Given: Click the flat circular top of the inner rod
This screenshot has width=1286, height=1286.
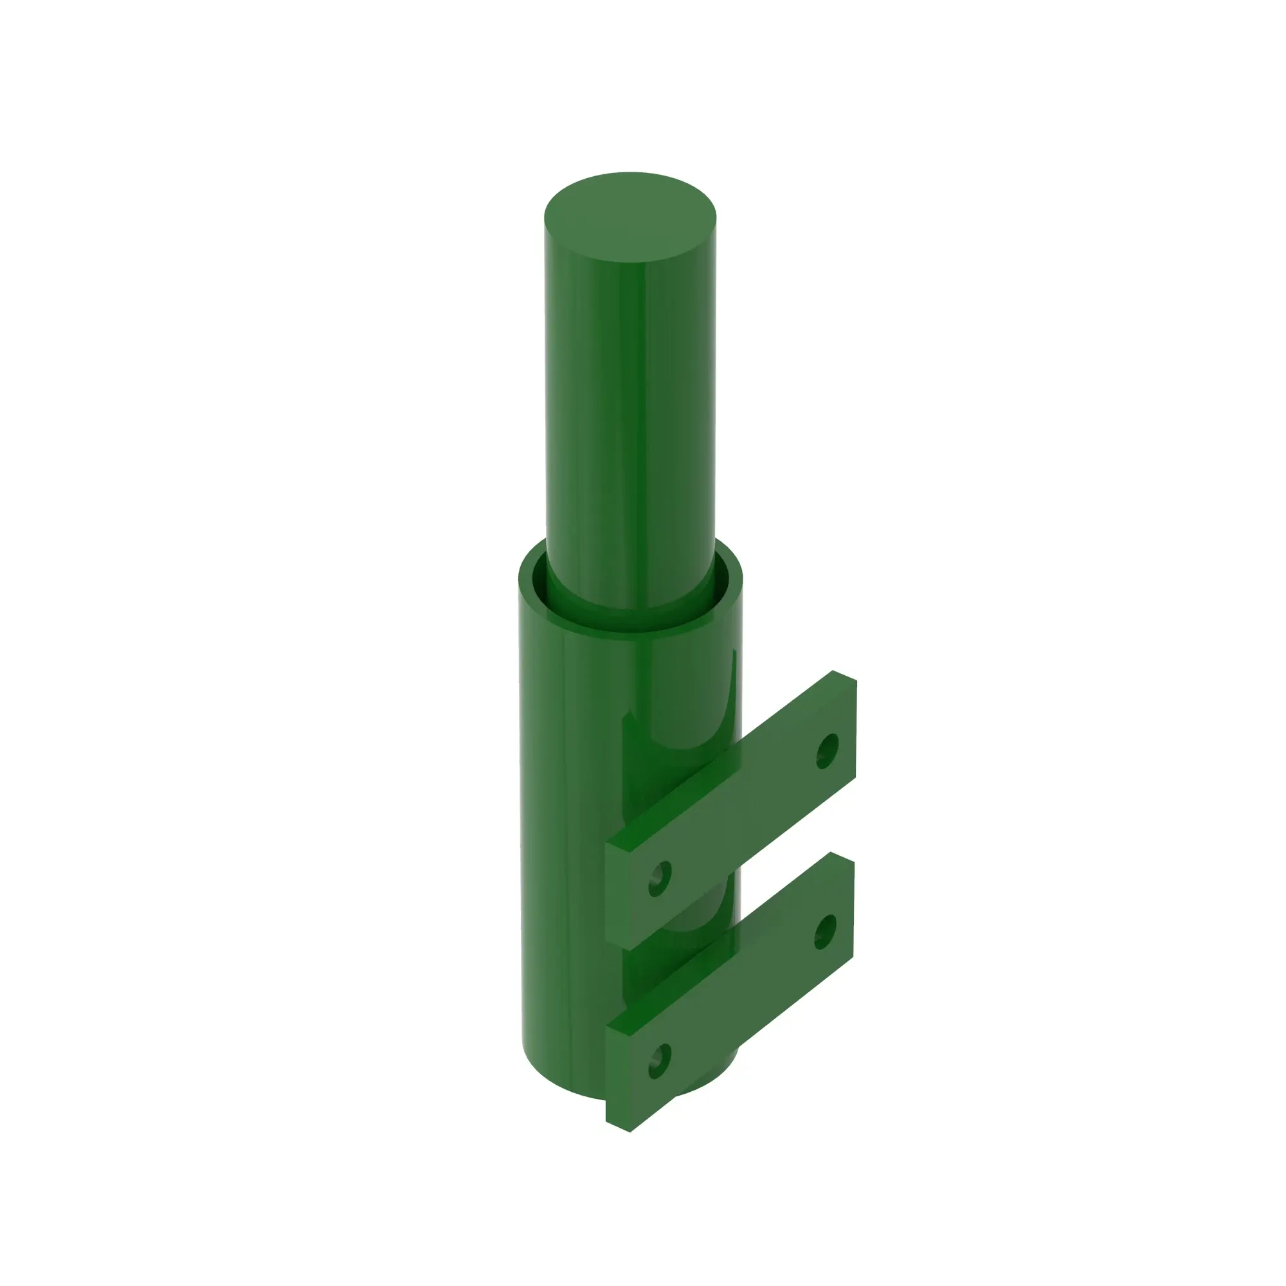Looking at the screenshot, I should (x=629, y=217).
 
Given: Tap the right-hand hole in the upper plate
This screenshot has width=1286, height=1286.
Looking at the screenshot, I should (x=827, y=751).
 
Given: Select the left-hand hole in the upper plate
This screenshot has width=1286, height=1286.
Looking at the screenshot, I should (x=660, y=878).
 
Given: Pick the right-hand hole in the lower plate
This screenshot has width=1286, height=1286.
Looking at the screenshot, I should (x=826, y=932).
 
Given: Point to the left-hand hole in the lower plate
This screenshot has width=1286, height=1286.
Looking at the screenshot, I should (x=659, y=1061).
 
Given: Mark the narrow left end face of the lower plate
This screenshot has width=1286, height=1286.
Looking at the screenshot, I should (x=618, y=1078).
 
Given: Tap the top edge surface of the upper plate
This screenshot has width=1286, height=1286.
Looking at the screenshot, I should (x=732, y=765).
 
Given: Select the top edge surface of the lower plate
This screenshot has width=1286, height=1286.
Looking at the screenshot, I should (x=732, y=945).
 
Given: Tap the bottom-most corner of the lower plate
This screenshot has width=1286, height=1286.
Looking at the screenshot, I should (x=629, y=1131).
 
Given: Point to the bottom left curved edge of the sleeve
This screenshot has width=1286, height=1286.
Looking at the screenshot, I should (x=539, y=1072).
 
